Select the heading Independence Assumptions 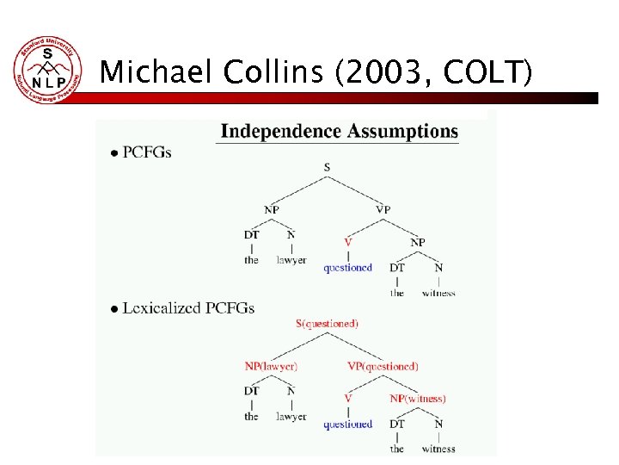point(340,132)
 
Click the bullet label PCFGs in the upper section point(147,152)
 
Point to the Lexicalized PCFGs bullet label point(188,307)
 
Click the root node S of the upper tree point(327,167)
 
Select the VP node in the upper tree point(383,208)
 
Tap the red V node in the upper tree point(348,243)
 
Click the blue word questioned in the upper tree point(348,268)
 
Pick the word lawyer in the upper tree point(291,260)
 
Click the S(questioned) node point(327,324)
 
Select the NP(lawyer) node point(271,366)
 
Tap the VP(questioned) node point(383,366)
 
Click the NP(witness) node point(418,399)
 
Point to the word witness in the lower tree point(438,449)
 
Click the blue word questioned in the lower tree point(348,424)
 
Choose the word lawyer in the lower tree point(291,417)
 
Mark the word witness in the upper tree point(438,293)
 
